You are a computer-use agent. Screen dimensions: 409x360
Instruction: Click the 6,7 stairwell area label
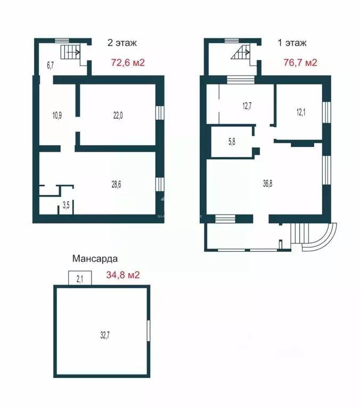point(51,66)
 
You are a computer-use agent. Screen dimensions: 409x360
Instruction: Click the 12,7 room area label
point(247,106)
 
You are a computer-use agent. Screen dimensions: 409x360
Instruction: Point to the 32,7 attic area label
point(105,335)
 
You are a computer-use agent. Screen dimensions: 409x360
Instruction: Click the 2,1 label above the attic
point(80,278)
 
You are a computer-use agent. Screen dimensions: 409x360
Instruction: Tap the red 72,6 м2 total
point(127,62)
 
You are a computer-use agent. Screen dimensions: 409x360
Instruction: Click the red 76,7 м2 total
point(300,62)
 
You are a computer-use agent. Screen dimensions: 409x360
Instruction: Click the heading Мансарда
point(95,259)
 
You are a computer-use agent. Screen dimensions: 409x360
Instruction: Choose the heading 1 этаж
point(292,43)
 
